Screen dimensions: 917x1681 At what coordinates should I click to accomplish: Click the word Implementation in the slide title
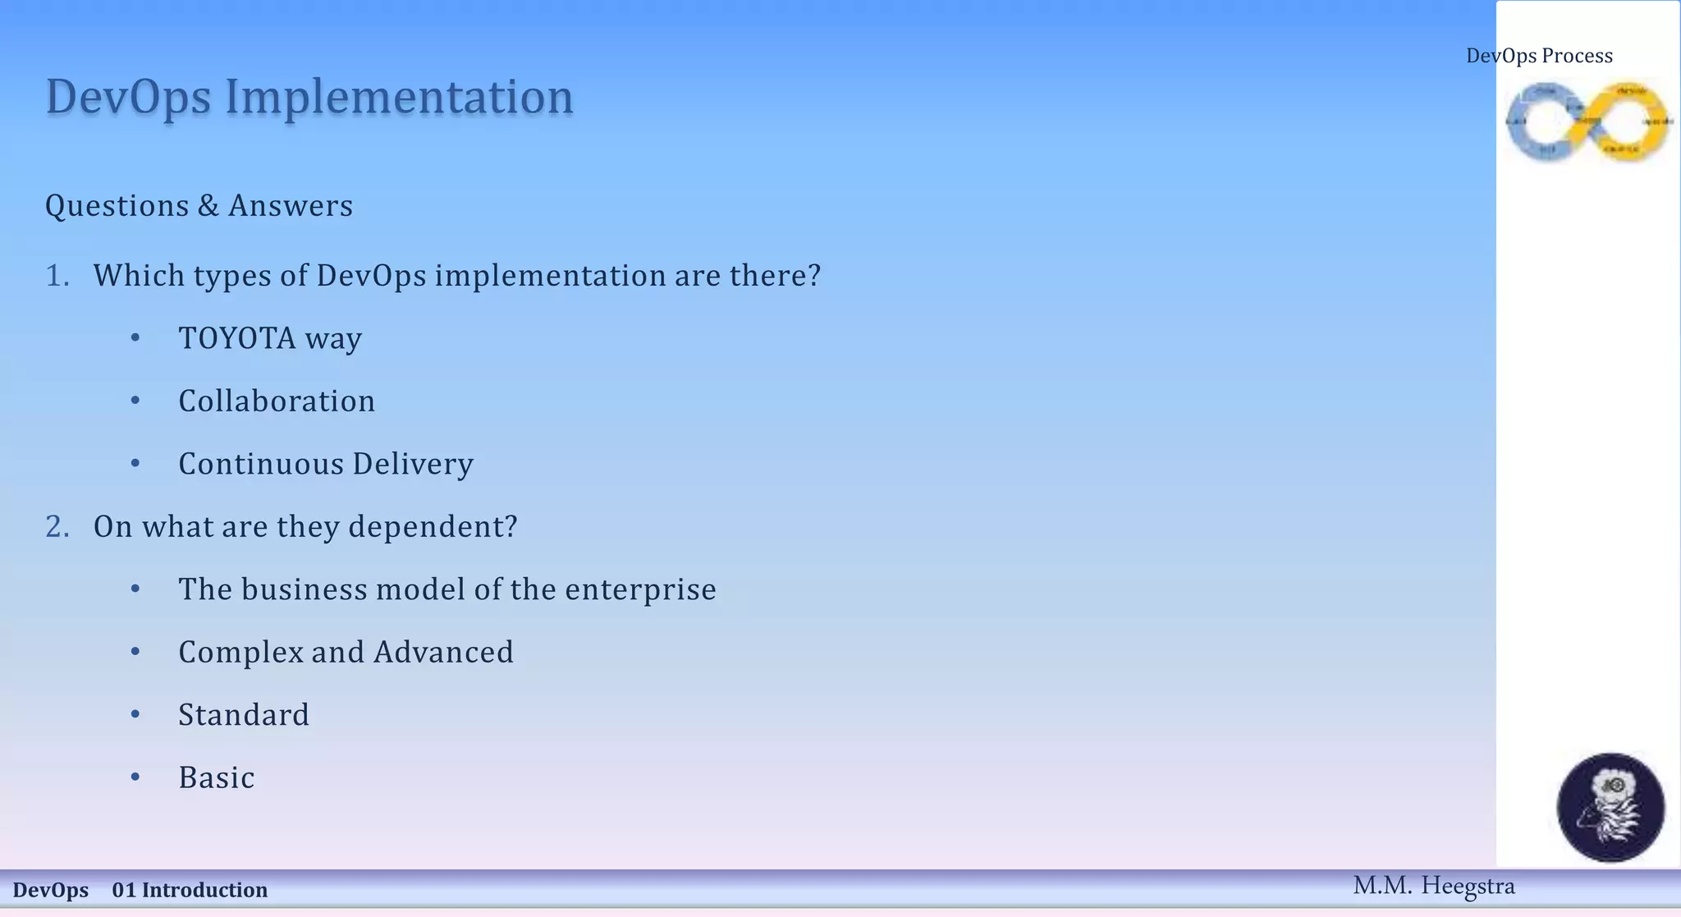[x=399, y=97]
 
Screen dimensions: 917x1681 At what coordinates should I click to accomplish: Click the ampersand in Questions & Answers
[x=208, y=206]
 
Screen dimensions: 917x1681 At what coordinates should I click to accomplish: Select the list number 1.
[x=57, y=276]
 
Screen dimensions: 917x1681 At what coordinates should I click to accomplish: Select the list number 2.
[x=57, y=527]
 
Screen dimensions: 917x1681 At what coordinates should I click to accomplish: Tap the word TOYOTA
[x=236, y=338]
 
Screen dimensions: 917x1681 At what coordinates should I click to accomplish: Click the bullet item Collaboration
[x=277, y=401]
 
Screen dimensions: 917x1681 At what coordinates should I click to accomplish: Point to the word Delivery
[x=413, y=465]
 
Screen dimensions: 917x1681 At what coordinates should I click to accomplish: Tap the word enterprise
[x=640, y=589]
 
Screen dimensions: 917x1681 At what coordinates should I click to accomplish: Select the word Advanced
[x=443, y=653]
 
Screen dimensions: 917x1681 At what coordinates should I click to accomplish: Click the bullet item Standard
[x=244, y=715]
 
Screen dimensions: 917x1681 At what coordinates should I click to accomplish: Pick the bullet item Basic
[x=217, y=778]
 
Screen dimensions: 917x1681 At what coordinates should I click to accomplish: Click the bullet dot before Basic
[x=135, y=777]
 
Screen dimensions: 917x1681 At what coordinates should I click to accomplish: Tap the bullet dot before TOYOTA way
[x=135, y=337]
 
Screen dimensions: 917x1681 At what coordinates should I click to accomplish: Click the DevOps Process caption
[x=1539, y=56]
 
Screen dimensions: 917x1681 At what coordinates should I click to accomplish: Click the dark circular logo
[x=1610, y=807]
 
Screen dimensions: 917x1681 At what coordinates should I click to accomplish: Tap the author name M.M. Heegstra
[x=1433, y=886]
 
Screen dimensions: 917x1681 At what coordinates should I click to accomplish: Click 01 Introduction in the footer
[x=190, y=890]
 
